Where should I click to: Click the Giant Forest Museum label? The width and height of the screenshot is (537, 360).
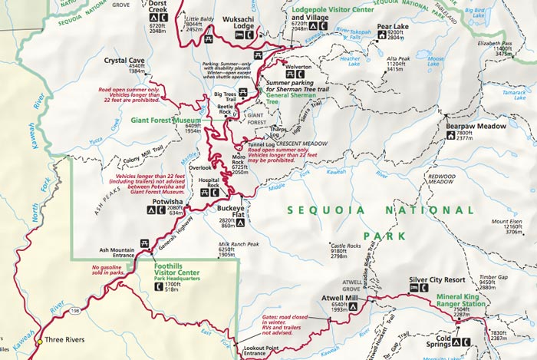(x=164, y=120)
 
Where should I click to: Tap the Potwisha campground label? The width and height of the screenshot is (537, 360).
(x=168, y=202)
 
